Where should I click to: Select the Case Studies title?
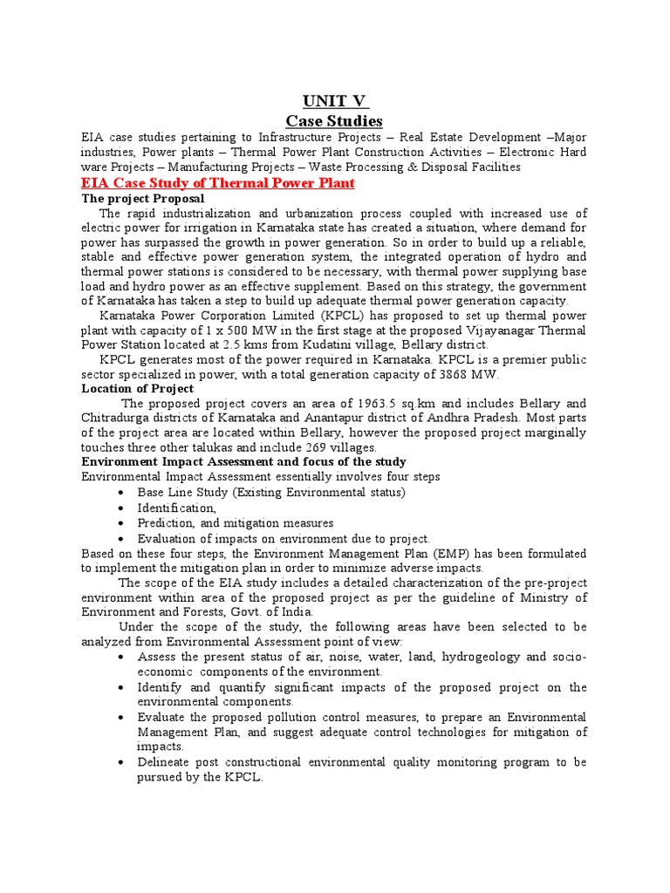coord(334,119)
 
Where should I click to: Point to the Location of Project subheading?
coord(137,388)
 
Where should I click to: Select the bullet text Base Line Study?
coord(178,492)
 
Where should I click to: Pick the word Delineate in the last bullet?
coord(166,762)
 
